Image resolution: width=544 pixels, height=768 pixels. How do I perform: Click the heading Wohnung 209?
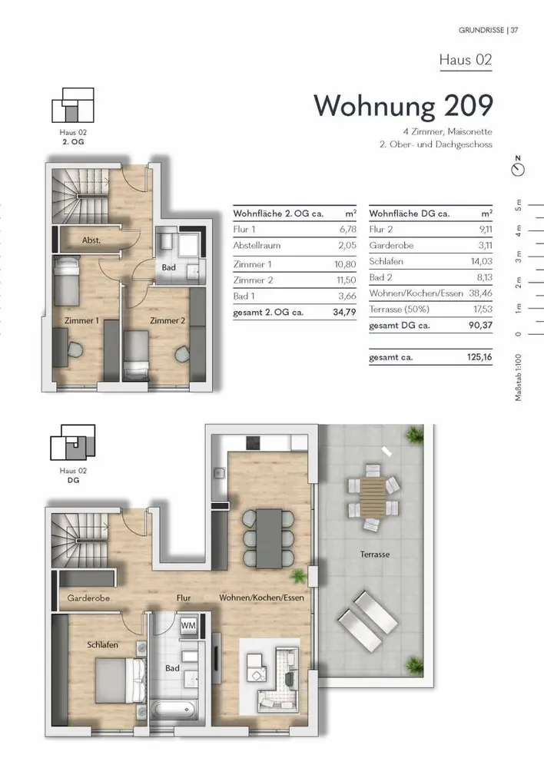(x=403, y=106)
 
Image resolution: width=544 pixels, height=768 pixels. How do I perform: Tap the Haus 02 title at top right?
(x=465, y=60)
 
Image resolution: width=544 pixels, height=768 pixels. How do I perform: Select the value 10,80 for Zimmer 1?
(x=345, y=264)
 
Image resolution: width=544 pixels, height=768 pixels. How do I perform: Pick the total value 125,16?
(x=479, y=357)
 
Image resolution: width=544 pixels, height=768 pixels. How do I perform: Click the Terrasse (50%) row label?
(x=400, y=309)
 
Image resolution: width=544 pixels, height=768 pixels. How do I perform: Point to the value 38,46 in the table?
(x=480, y=293)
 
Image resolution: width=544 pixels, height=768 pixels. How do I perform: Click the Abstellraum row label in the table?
(x=257, y=246)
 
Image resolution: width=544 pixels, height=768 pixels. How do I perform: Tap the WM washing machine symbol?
(x=188, y=625)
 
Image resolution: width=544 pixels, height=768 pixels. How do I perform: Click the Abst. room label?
(x=91, y=240)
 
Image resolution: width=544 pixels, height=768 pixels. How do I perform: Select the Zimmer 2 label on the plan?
(x=168, y=321)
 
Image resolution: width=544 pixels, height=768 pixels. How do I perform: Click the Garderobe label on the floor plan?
(x=88, y=598)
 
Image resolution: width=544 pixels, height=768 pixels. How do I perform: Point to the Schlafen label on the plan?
(x=103, y=644)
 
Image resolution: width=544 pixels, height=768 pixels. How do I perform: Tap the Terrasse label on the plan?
(x=375, y=554)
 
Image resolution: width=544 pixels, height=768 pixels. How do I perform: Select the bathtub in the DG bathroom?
(x=173, y=709)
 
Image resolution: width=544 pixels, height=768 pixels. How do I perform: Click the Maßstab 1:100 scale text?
(x=519, y=377)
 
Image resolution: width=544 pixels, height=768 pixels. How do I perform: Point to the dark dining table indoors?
(x=269, y=538)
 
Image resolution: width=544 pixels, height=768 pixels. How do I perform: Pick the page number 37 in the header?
(x=514, y=31)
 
